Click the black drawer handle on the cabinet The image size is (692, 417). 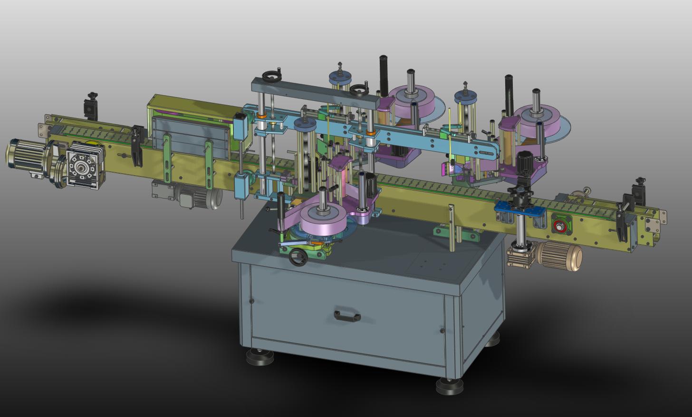tap(347, 316)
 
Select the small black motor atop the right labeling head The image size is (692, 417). tap(526, 162)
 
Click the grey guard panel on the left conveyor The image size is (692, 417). tap(190, 138)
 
